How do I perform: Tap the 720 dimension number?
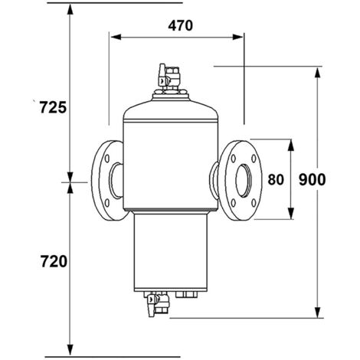click(51, 262)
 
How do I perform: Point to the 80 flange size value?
click(276, 180)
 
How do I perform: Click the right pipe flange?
click(238, 180)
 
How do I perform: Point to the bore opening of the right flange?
click(244, 181)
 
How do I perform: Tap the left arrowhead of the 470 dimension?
click(113, 35)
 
